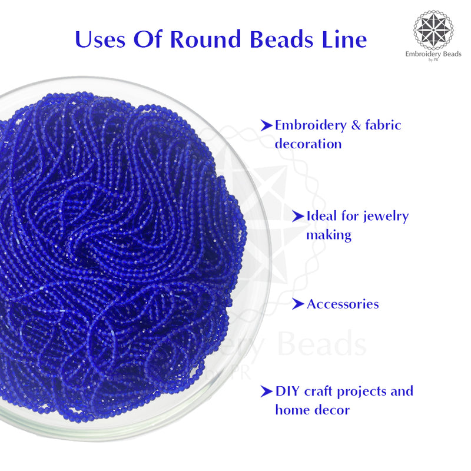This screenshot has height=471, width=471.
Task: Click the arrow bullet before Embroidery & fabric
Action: [x=267, y=125]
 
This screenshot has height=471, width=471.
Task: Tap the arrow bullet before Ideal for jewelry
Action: [x=298, y=216]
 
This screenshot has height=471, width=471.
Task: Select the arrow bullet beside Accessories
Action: [x=298, y=304]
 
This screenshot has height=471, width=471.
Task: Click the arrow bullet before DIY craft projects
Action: [x=267, y=391]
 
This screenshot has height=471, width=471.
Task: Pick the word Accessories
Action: [x=343, y=304]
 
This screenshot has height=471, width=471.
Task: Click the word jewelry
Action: [x=385, y=217]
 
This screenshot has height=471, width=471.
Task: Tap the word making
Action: [x=329, y=235]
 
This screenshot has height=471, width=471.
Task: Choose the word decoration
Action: [x=308, y=144]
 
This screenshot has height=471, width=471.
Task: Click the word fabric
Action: [x=382, y=125]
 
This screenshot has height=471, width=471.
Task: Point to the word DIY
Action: [x=288, y=391]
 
